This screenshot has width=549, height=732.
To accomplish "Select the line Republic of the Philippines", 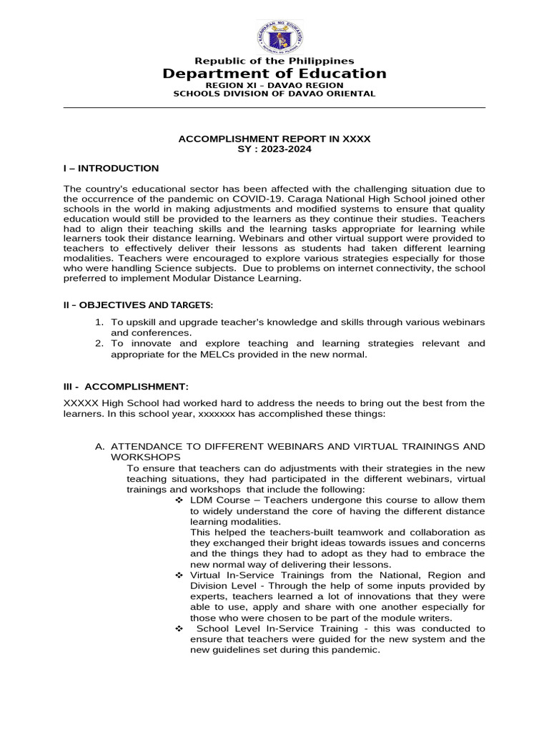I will point(274,61).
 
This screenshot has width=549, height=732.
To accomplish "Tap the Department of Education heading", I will point(274,74).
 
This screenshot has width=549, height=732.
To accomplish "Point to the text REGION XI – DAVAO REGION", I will point(274,85).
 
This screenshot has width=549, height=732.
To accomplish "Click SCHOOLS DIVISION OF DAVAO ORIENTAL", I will point(274,94).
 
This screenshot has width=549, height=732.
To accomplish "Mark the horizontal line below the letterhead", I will point(274,108).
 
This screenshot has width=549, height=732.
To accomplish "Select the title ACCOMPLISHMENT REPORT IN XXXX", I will point(274,139).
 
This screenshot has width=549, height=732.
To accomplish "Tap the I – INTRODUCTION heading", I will point(112,169).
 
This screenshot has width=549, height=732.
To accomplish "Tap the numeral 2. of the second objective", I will point(100,344).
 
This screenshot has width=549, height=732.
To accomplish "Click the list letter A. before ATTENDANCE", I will point(100,447).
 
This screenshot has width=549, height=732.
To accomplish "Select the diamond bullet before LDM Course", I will point(179,500).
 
